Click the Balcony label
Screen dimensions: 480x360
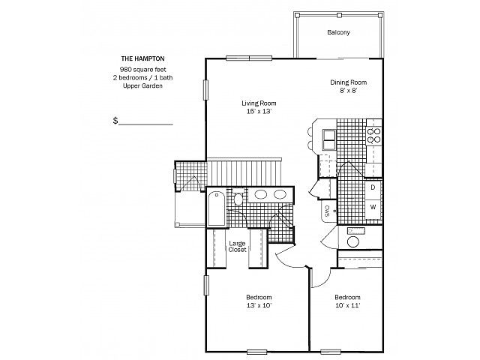(338, 32)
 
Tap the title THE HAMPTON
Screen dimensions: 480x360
(142, 58)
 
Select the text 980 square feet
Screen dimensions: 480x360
(143, 70)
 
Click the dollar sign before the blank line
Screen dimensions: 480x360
(115, 121)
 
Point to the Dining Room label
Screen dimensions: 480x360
(348, 82)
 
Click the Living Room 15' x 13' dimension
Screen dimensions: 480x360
(259, 112)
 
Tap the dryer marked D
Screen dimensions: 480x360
(373, 187)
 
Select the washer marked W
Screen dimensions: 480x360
(373, 207)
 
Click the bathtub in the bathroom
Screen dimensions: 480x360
(217, 208)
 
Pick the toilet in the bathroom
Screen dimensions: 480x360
(238, 197)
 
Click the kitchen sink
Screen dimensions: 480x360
(328, 140)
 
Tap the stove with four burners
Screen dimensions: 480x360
(373, 135)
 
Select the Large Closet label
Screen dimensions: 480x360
(237, 247)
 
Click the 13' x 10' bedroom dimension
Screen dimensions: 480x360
(259, 305)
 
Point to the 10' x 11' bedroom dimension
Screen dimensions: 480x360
(348, 305)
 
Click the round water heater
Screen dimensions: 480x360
(353, 241)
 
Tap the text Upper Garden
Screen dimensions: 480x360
(142, 86)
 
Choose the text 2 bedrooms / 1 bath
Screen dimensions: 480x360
(142, 78)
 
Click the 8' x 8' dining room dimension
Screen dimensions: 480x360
(348, 91)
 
